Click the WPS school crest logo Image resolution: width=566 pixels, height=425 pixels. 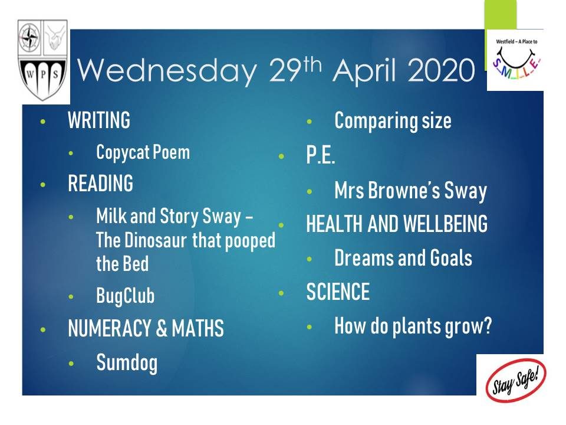pyautogui.click(x=42, y=60)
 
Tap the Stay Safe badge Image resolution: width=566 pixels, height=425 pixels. pyautogui.click(x=516, y=380)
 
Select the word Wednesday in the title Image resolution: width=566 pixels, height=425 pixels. pyautogui.click(x=167, y=70)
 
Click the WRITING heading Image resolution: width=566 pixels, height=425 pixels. pyautogui.click(x=99, y=120)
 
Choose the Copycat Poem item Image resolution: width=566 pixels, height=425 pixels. pyautogui.click(x=143, y=152)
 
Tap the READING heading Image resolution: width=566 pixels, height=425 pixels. pyautogui.click(x=100, y=183)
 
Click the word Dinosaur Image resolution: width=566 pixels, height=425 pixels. pyautogui.click(x=156, y=240)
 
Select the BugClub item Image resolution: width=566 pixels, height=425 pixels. pyautogui.click(x=125, y=296)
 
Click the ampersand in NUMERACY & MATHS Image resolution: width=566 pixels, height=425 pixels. pyautogui.click(x=162, y=328)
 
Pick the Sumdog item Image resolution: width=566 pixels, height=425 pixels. pyautogui.click(x=127, y=363)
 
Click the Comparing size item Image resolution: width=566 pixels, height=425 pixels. pyautogui.click(x=393, y=120)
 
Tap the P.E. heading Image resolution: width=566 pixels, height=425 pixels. pyautogui.click(x=321, y=155)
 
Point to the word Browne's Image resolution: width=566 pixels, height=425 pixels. pyautogui.click(x=404, y=190)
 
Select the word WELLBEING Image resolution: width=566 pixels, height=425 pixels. pyautogui.click(x=446, y=224)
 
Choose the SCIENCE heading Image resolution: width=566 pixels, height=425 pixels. pyautogui.click(x=338, y=292)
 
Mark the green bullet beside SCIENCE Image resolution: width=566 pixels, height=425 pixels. pyautogui.click(x=281, y=293)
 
